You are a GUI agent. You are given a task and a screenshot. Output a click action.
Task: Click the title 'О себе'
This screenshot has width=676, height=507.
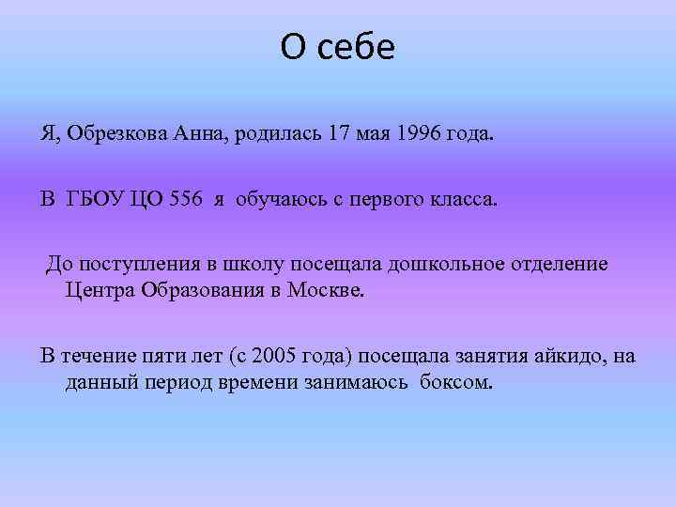tap(338, 48)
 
